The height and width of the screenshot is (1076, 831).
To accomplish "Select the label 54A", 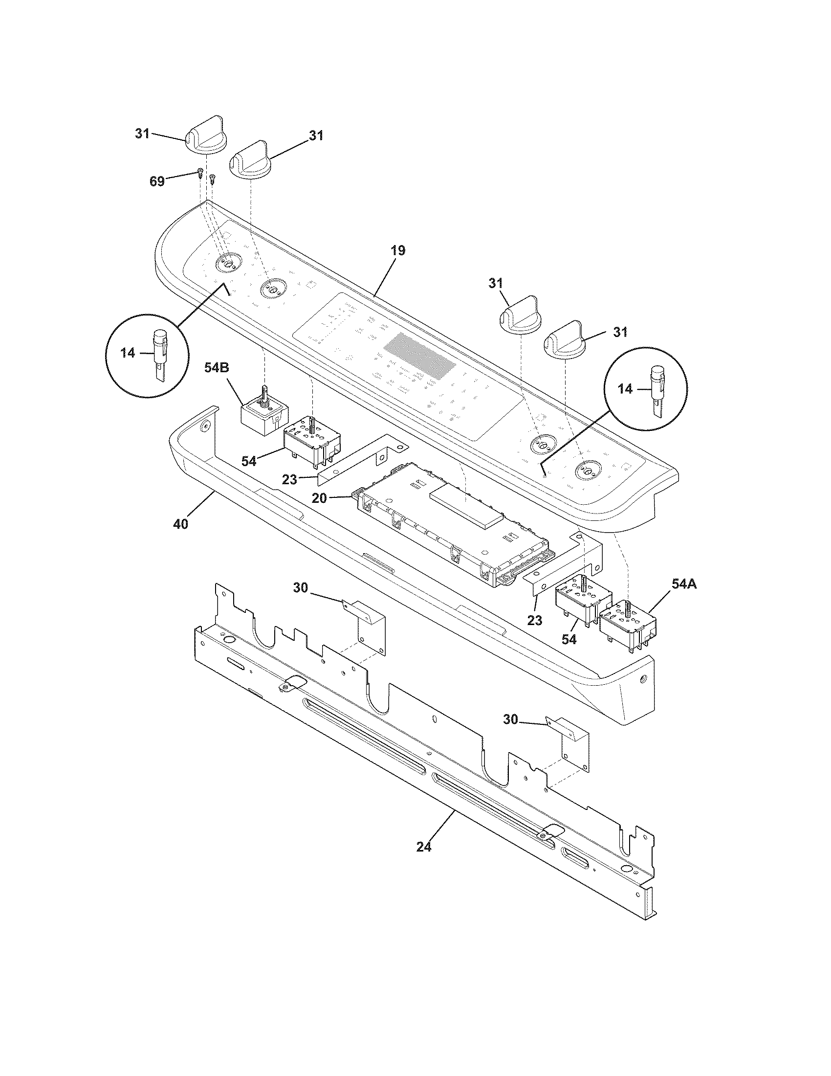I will tap(683, 584).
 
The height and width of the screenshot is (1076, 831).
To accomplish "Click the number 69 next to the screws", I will tap(157, 181).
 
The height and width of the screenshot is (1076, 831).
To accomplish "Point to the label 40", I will tap(181, 524).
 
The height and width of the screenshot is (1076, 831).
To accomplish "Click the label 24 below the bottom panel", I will tap(424, 847).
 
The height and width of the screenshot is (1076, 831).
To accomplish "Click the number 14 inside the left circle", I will tap(128, 353).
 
